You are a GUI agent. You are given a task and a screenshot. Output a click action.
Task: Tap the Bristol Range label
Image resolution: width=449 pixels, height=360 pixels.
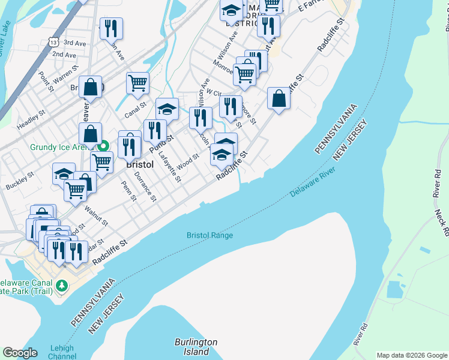pos(209,236)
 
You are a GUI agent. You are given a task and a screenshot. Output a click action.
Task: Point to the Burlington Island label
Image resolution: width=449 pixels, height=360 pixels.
pos(196,347)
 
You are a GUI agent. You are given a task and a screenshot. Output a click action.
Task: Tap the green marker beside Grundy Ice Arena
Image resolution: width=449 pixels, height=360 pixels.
pos(103,146)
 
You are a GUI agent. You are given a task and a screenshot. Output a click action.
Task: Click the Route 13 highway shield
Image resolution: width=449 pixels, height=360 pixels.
pos(55,43)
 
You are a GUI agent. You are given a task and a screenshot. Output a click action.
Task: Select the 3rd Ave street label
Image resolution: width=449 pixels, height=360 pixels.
pos(75,43)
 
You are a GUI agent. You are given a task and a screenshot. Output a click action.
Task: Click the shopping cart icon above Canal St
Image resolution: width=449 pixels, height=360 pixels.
pos(138,83)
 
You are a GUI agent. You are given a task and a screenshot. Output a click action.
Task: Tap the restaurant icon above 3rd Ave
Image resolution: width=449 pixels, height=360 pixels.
pos(111,28)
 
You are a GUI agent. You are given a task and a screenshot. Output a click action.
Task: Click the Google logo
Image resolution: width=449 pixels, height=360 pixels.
pos(20,353)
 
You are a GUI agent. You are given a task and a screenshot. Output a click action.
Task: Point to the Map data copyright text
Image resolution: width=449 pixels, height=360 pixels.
pos(411,355)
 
